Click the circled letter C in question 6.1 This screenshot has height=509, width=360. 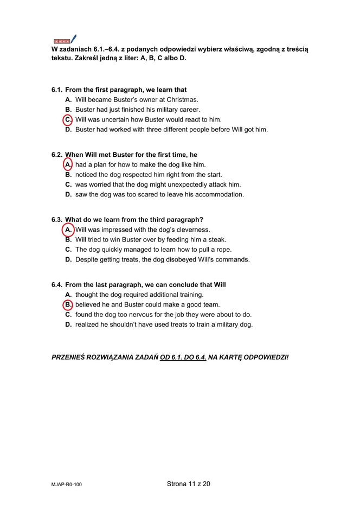68,119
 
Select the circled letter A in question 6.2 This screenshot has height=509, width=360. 68,164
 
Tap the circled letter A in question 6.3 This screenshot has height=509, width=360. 68,230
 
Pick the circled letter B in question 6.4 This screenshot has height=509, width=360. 68,304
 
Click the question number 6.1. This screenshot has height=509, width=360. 57,90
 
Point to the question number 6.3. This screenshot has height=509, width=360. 57,220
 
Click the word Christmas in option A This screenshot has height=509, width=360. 182,100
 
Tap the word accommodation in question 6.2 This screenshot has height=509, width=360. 218,194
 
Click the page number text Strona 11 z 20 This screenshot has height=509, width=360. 188,483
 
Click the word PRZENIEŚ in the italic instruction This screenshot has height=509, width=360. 70,358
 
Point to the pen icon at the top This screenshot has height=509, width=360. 73,39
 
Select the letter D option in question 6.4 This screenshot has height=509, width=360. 68,325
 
